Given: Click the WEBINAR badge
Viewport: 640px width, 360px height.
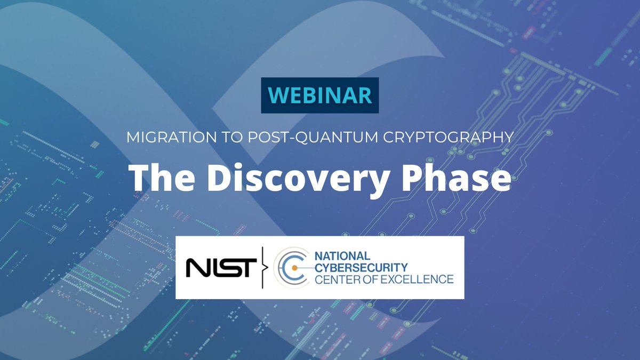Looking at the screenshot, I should point(319,95).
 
